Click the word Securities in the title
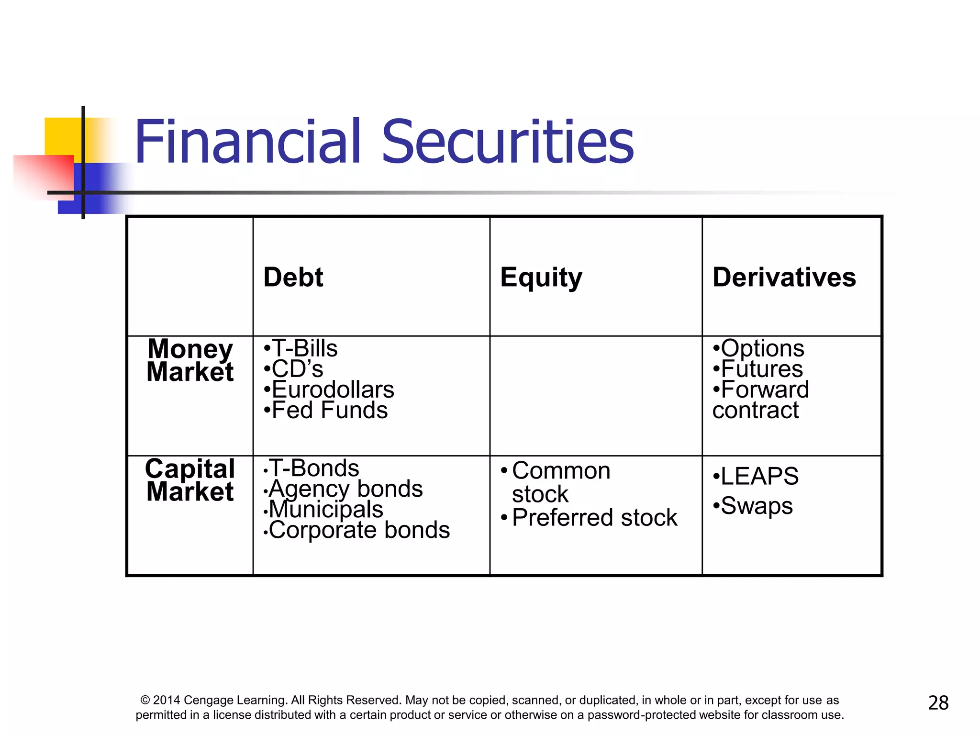coord(508,142)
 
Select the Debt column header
coord(293,278)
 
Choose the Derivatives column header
coord(784,278)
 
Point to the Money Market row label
coord(190,360)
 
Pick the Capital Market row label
coord(190,480)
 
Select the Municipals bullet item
coord(326,509)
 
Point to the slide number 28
coord(938,703)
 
